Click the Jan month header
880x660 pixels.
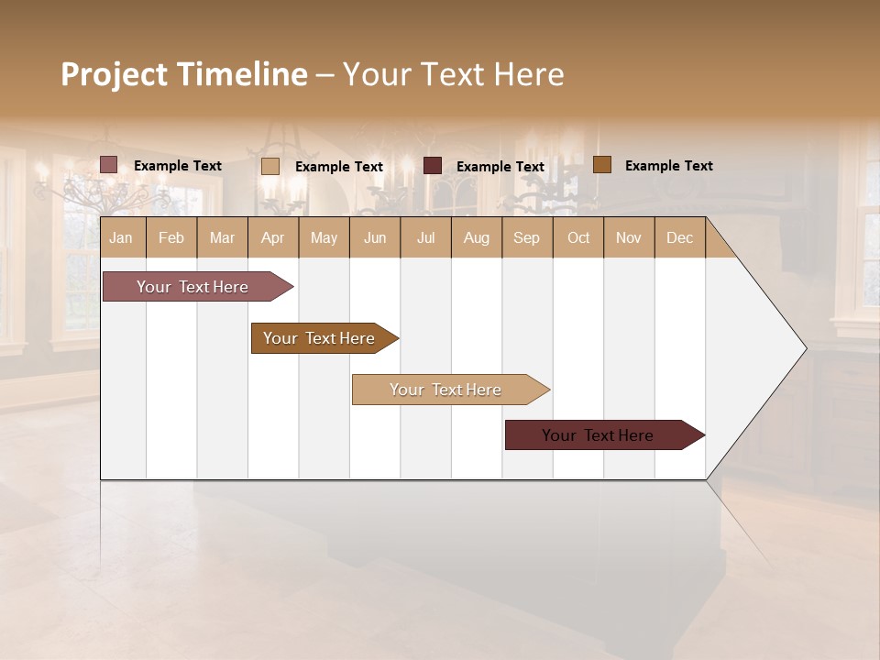point(121,238)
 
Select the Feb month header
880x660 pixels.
point(171,238)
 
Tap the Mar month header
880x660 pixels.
point(222,238)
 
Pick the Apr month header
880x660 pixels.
point(273,238)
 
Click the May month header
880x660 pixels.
point(324,238)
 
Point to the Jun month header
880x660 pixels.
point(375,238)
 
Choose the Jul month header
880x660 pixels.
point(425,238)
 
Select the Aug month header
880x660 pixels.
point(477,238)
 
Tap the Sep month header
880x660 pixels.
point(527,238)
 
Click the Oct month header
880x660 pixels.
point(578,238)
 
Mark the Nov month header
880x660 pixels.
point(629,238)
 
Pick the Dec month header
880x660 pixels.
point(680,238)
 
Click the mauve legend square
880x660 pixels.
point(109,165)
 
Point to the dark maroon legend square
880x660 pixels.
point(433,166)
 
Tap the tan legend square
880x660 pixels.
point(270,166)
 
